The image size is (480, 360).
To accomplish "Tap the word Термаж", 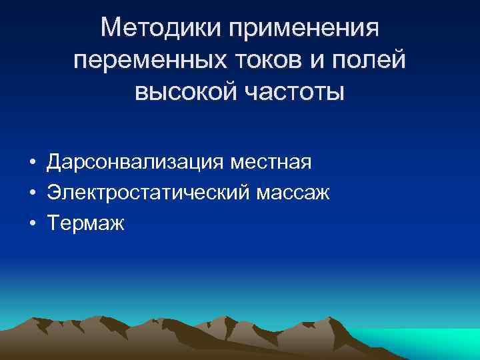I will (x=85, y=223).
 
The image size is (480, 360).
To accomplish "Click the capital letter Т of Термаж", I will (x=53, y=223).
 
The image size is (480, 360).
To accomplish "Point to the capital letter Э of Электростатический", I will (x=53, y=193).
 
